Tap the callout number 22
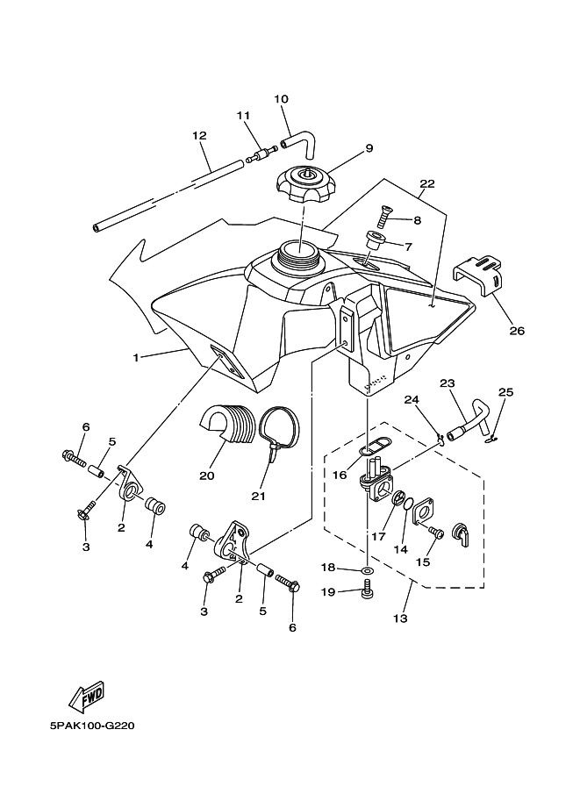pyautogui.click(x=427, y=184)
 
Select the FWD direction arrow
pyautogui.click(x=88, y=697)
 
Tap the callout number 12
pyautogui.click(x=199, y=136)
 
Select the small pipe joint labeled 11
pyautogui.click(x=261, y=154)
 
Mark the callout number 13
pyautogui.click(x=401, y=619)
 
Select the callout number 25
pyautogui.click(x=506, y=392)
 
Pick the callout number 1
pyautogui.click(x=136, y=358)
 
